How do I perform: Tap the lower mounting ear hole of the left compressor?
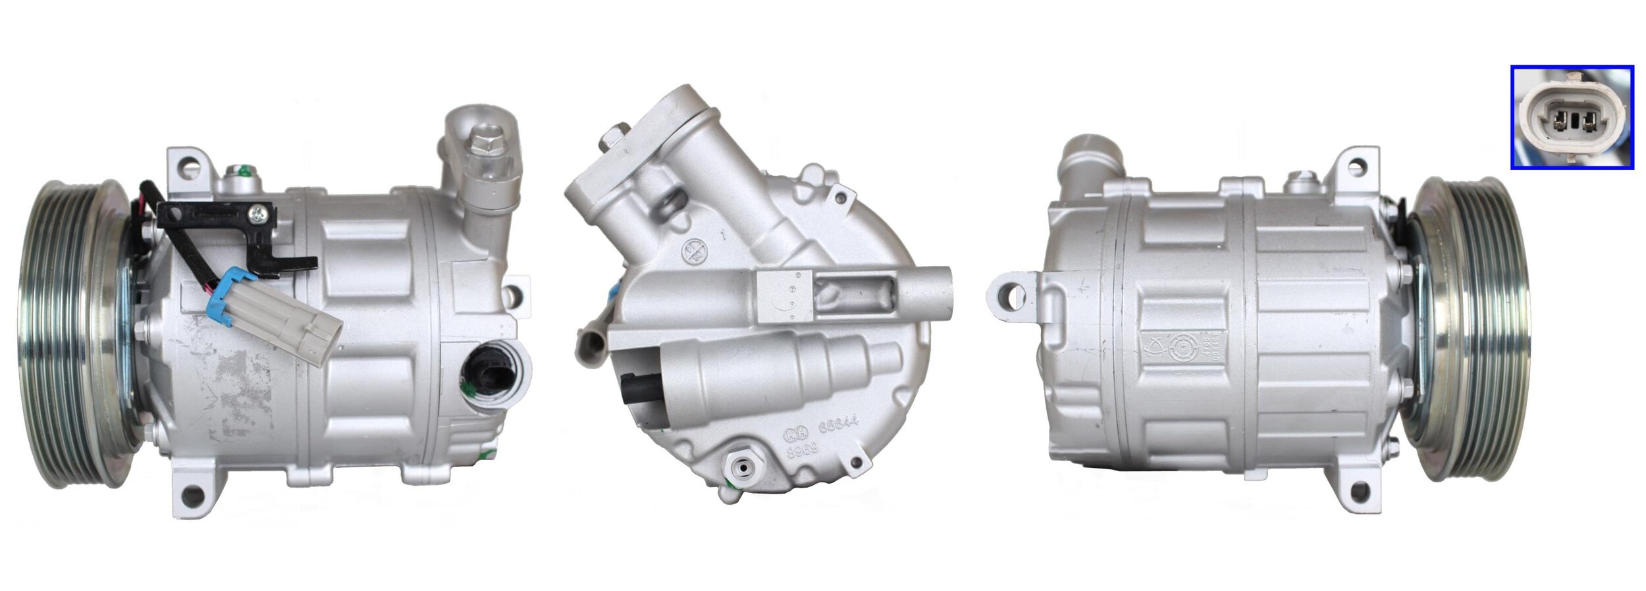(191, 495)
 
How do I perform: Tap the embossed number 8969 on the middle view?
(803, 450)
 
